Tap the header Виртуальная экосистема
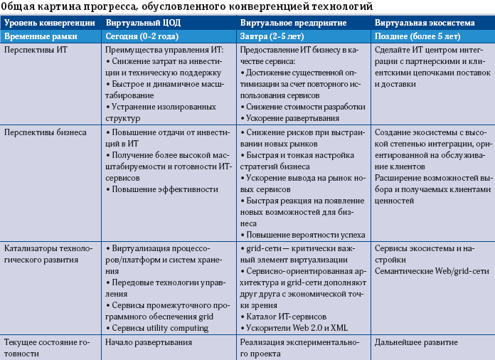pyautogui.click(x=419, y=23)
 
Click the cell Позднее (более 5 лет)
pyautogui.click(x=417, y=36)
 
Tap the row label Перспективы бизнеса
pyautogui.click(x=46, y=132)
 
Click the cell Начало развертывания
pyautogui.click(x=148, y=342)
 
